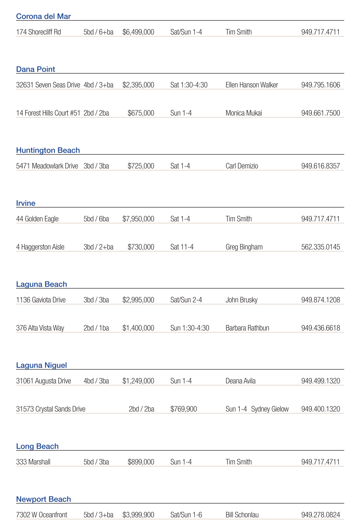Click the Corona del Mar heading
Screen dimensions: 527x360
tap(43, 16)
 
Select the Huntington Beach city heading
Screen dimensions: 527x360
tap(48, 150)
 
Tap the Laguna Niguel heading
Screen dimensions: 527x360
tap(42, 365)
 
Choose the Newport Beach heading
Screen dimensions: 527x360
tap(43, 499)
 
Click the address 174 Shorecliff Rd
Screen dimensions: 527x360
tap(39, 32)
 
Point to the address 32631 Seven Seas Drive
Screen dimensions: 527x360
tap(48, 85)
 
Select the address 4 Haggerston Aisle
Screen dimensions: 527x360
tap(40, 247)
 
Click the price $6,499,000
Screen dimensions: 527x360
tap(138, 32)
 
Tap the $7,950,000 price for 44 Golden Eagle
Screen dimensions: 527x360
tap(138, 219)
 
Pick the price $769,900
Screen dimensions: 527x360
tap(184, 409)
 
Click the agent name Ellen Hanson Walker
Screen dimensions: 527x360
tap(252, 85)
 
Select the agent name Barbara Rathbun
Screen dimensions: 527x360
tap(247, 328)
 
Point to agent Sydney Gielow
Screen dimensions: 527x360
tap(270, 409)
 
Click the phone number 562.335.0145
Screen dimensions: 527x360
tap(321, 247)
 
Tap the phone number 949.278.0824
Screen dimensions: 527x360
tap(321, 515)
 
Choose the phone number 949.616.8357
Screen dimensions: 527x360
tap(321, 166)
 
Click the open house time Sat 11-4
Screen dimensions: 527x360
tap(182, 247)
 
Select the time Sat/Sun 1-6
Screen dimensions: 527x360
tap(186, 515)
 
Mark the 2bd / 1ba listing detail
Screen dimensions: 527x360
tap(96, 328)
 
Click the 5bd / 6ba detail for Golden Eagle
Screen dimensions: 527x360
tap(96, 219)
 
